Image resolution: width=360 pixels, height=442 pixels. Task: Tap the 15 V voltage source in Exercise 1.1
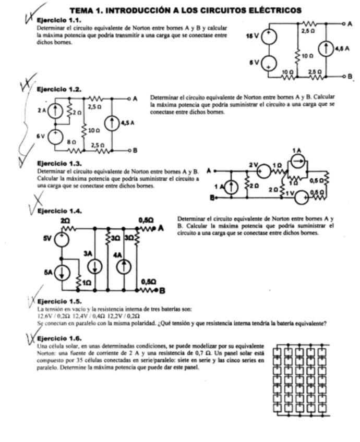tap(269, 36)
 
